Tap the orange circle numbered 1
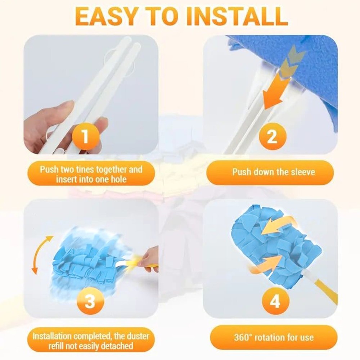coord(85,136)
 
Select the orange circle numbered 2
coord(273,136)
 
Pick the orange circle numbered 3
coord(90,301)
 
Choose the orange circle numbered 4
coord(275,301)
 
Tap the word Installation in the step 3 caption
coord(52,336)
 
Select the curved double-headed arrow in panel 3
coord(42,255)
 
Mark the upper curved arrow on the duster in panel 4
coord(279,225)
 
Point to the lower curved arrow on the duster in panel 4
coord(267,264)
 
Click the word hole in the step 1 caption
coord(119,179)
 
